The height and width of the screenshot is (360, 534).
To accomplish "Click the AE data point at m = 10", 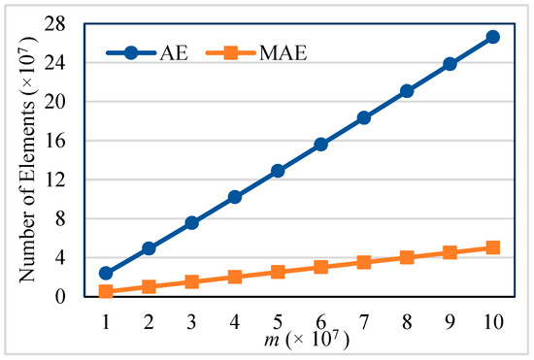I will pyautogui.click(x=492, y=37).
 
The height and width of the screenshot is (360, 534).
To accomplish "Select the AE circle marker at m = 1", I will pyautogui.click(x=106, y=273).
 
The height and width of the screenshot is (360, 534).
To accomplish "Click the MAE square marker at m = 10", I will pyautogui.click(x=492, y=247).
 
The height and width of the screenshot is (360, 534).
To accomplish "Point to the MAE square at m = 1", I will pyautogui.click(x=106, y=291).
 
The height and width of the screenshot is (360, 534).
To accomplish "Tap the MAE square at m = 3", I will pyautogui.click(x=192, y=281).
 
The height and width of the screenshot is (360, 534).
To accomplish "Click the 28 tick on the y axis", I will pyautogui.click(x=65, y=23).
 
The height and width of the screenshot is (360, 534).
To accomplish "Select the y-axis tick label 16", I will pyautogui.click(x=65, y=141).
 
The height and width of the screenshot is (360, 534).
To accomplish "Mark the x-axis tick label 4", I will pyautogui.click(x=235, y=318).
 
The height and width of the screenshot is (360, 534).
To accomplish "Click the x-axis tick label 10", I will pyautogui.click(x=492, y=318).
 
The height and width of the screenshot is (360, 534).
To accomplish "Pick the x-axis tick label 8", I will pyautogui.click(x=407, y=318).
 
